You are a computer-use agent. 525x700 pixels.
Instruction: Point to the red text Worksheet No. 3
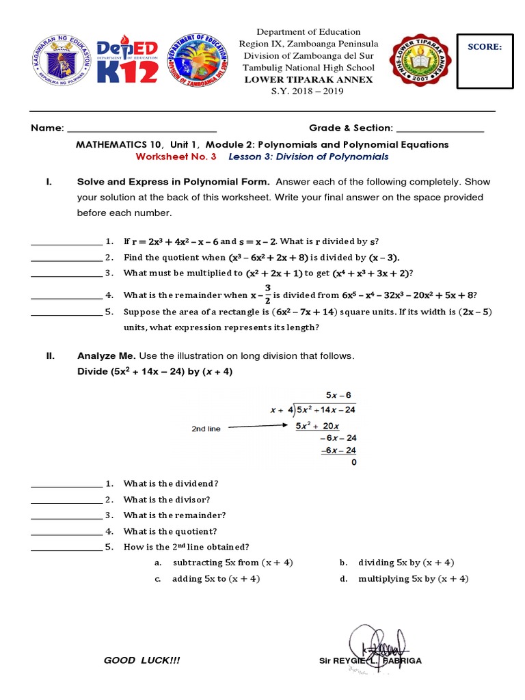[176, 157]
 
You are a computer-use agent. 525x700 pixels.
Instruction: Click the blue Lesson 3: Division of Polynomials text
[308, 157]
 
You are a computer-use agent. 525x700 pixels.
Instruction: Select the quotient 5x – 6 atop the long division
[338, 395]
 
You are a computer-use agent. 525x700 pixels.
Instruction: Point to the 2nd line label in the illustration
[206, 429]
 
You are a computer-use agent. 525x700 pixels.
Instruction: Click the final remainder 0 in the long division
[353, 462]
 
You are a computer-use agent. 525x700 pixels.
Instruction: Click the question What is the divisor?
[167, 499]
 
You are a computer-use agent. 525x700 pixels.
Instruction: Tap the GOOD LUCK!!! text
[142, 660]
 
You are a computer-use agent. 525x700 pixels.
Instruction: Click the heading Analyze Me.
[107, 356]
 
